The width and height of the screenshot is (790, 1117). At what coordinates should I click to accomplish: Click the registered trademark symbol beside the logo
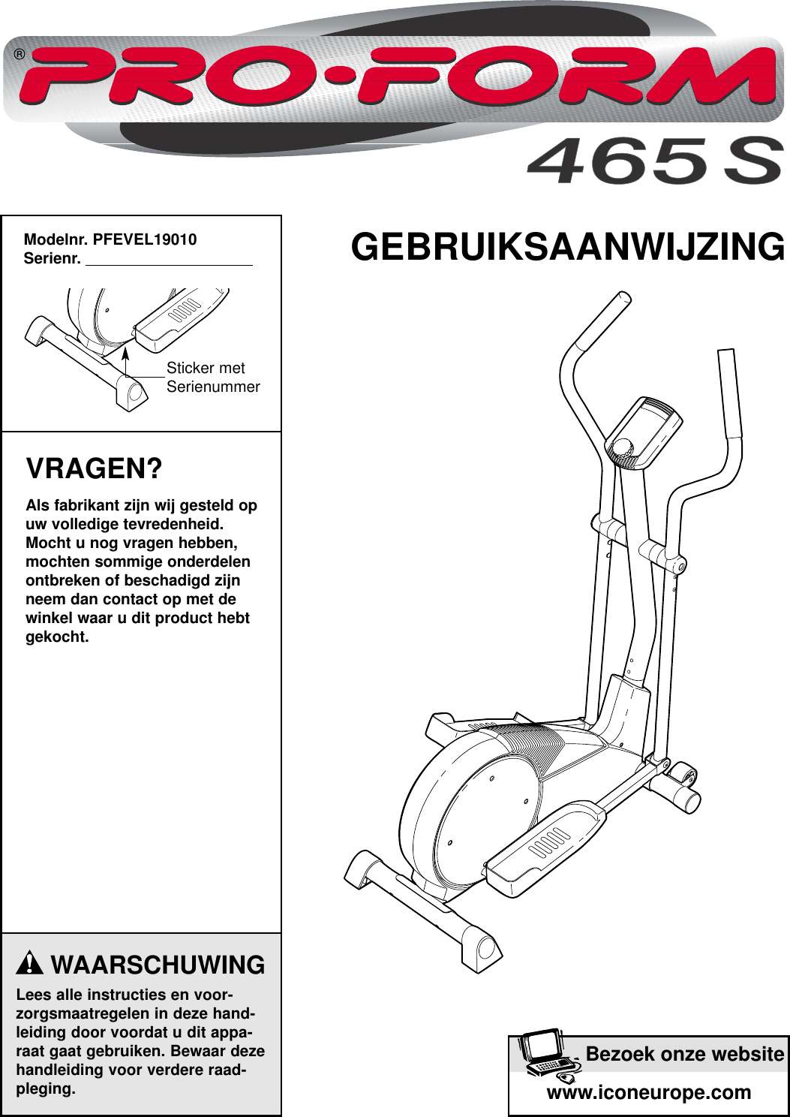click(20, 55)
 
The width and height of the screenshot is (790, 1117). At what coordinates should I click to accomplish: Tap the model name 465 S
click(653, 162)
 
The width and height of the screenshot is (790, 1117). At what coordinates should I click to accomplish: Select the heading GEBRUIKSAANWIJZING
click(568, 247)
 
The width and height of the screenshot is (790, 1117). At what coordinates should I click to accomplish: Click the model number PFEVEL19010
click(145, 239)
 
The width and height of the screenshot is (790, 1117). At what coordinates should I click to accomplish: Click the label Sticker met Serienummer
click(212, 378)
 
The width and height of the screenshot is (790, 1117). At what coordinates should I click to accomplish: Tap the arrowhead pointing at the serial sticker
click(125, 352)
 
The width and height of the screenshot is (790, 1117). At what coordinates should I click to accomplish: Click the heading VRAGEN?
click(94, 469)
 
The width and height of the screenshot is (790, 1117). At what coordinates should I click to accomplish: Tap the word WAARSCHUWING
click(158, 965)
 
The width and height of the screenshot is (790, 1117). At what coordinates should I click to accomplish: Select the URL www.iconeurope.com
click(648, 1092)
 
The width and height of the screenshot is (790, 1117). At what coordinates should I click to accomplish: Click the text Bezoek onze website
click(684, 1054)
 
